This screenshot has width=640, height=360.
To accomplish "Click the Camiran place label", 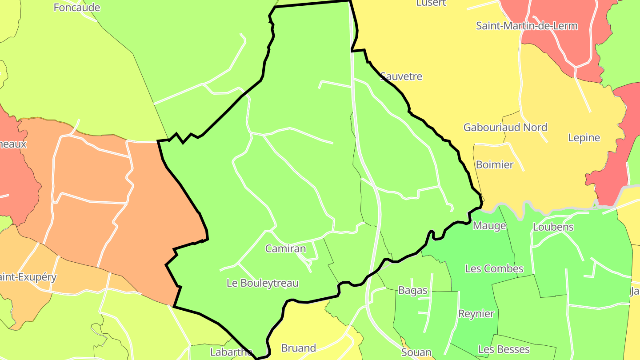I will (285, 248).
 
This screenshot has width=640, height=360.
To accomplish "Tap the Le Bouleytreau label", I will (262, 283).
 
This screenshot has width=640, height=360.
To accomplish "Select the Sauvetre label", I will (401, 76).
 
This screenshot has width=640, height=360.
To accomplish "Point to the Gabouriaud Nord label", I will (505, 128).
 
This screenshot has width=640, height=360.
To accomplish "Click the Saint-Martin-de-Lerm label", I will (527, 26).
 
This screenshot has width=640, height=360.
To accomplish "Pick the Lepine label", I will (584, 138).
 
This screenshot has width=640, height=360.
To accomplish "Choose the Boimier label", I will (494, 165).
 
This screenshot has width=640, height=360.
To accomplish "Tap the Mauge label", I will (489, 226).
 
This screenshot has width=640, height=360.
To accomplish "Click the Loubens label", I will (553, 227).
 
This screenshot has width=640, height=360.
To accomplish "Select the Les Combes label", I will (494, 269).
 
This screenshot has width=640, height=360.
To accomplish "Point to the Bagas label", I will (413, 291).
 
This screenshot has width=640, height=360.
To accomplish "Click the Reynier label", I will (476, 314).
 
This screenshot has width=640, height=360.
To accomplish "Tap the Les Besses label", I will (504, 349).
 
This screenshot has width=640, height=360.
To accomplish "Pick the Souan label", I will (416, 352).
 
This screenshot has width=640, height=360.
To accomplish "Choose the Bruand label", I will (299, 348).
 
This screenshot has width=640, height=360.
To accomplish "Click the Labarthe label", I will (231, 352).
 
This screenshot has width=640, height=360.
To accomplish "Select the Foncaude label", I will (76, 8).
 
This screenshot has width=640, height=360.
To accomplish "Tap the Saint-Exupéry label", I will (28, 277).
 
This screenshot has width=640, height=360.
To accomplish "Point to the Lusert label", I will (431, 3).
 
